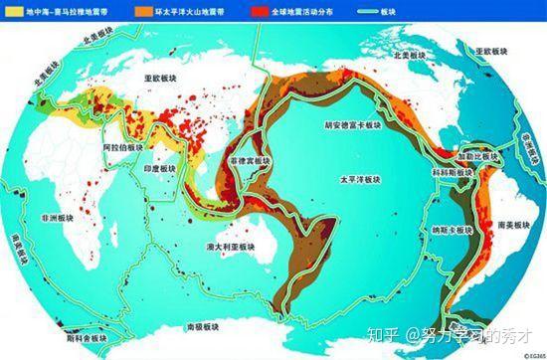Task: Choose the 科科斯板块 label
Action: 452,172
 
